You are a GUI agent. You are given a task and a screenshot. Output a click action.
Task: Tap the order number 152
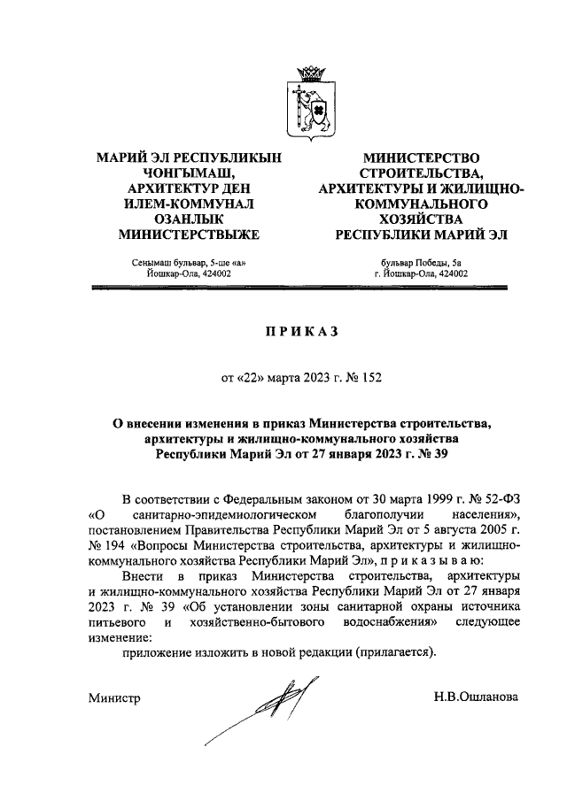point(377,379)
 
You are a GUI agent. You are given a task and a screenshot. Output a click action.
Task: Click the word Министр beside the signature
point(114,699)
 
